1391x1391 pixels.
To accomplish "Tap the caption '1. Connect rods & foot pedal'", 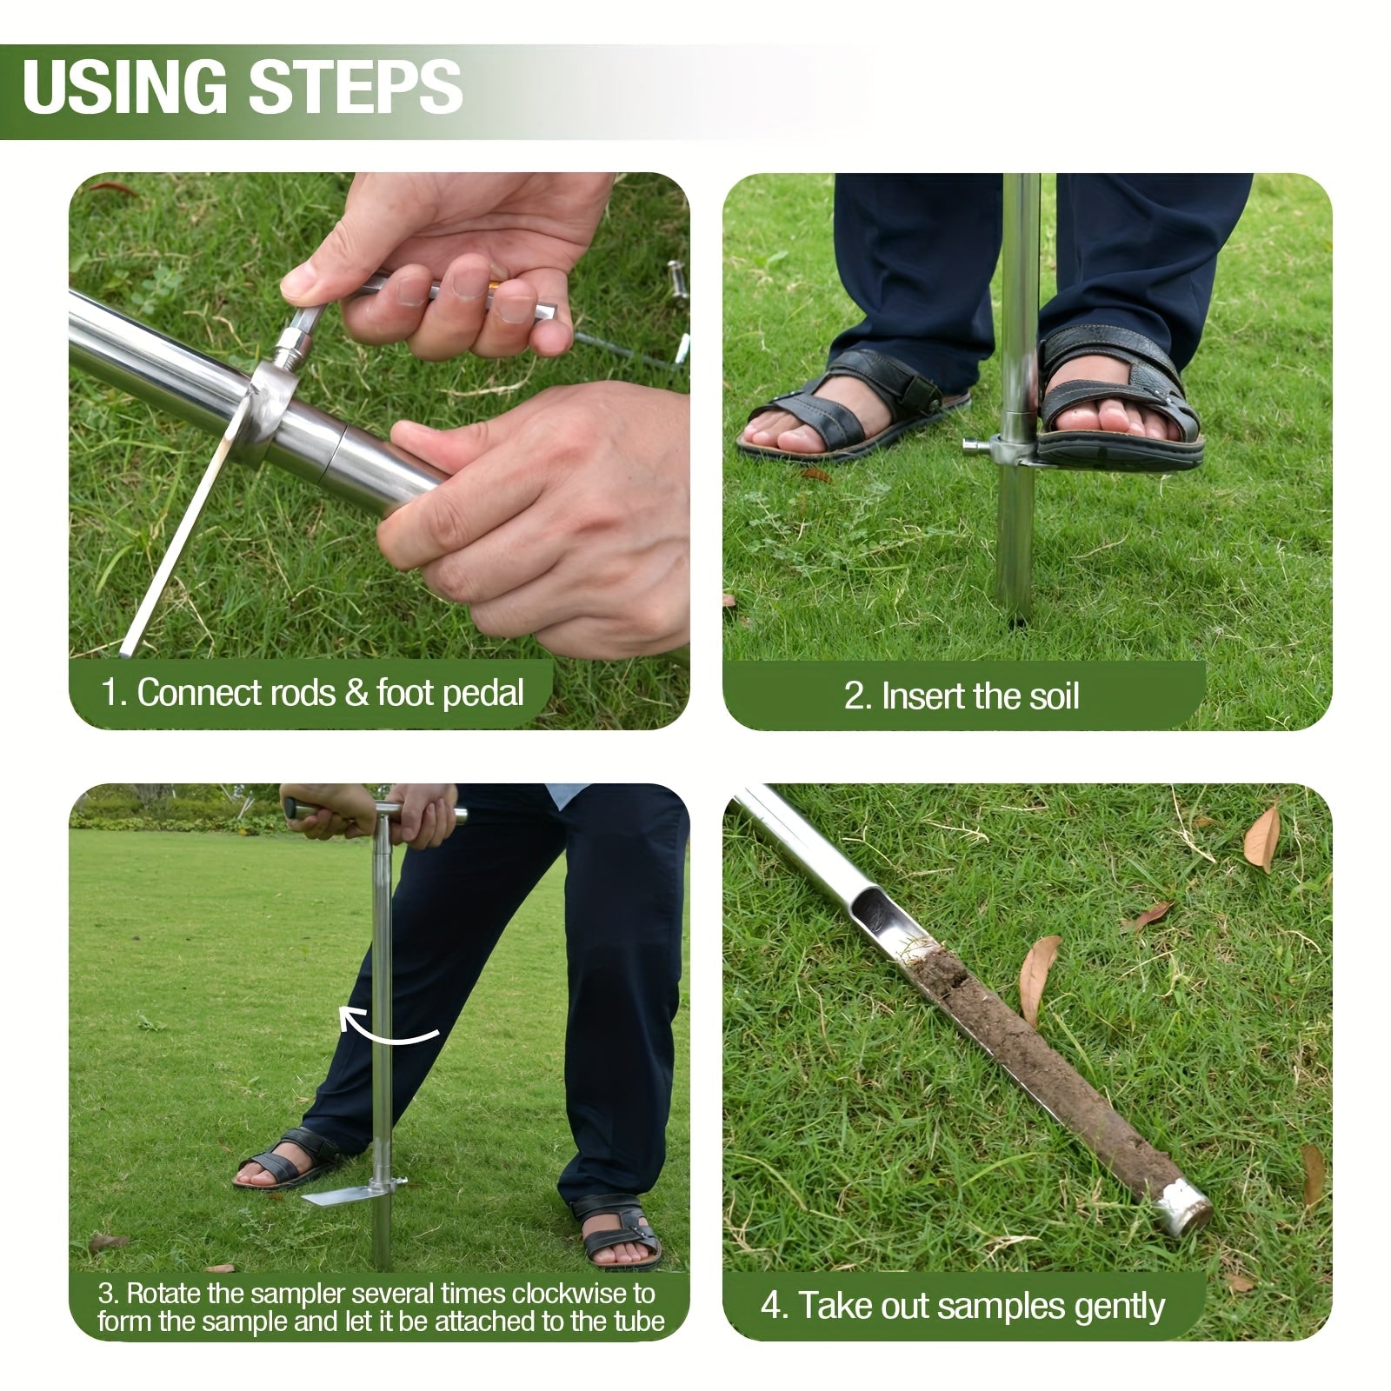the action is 313,693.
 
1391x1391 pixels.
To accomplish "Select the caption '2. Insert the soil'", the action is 962,696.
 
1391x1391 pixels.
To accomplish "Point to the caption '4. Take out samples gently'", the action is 962,1306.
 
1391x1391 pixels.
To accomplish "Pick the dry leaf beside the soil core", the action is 1039,978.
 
